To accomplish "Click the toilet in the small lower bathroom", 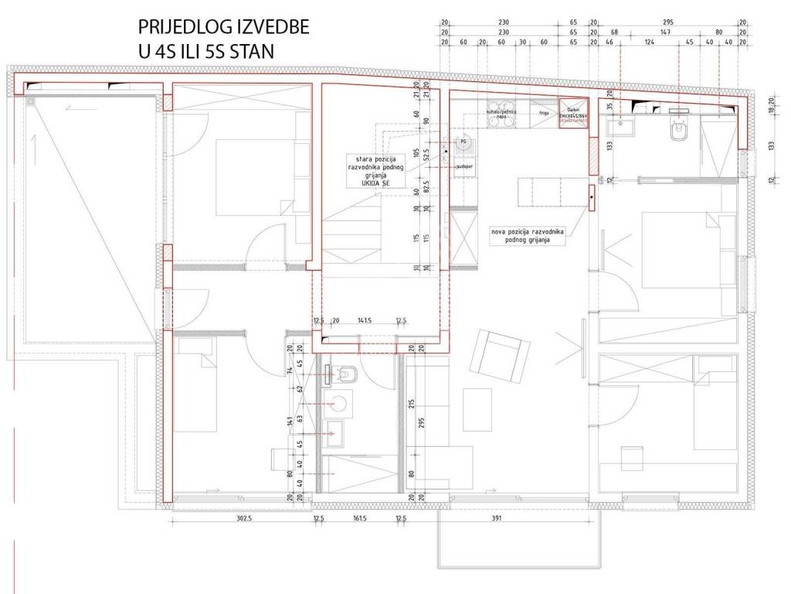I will [x=347, y=374].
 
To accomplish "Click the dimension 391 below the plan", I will [x=496, y=519].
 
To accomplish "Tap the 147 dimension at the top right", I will [x=664, y=32].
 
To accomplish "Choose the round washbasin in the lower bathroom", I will [x=337, y=403].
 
